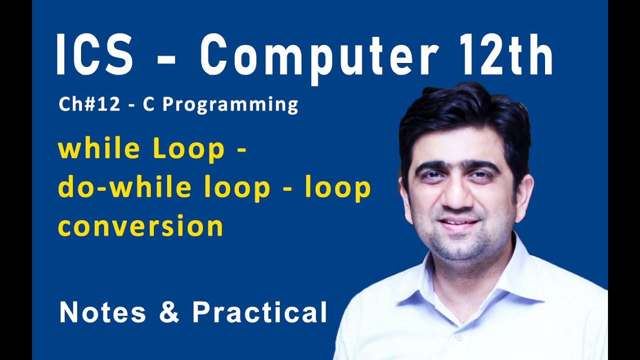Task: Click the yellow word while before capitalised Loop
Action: (94, 149)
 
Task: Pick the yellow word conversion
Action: (140, 226)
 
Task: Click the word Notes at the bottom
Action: (102, 312)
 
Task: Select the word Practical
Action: (259, 312)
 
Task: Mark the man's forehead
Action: (457, 147)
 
